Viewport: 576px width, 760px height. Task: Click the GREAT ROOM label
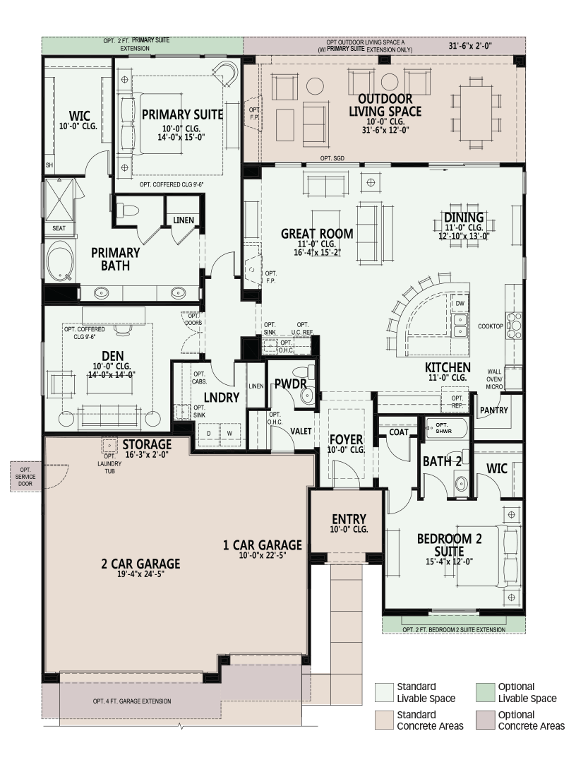(x=317, y=234)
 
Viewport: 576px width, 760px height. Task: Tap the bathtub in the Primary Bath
(x=60, y=261)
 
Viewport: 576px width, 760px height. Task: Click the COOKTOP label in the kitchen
(x=491, y=326)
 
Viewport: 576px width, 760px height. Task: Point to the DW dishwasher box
(x=460, y=304)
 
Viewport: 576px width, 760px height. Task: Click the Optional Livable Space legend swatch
(x=485, y=693)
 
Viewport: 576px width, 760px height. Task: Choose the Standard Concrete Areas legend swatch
(x=384, y=720)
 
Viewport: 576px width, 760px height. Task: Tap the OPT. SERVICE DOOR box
(x=25, y=477)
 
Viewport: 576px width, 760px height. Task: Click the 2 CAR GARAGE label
(x=140, y=564)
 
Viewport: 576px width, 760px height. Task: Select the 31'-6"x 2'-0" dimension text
(x=470, y=46)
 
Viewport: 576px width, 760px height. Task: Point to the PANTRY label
(x=493, y=410)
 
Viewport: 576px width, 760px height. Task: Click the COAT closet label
(x=399, y=432)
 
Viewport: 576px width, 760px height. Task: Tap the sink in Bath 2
(x=461, y=483)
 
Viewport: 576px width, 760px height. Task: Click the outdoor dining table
(x=476, y=113)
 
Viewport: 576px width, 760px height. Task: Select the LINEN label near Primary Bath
(x=184, y=220)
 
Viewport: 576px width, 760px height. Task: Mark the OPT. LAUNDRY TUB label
(x=110, y=463)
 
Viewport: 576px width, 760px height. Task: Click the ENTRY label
(x=349, y=519)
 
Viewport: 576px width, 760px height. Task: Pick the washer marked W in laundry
(x=229, y=433)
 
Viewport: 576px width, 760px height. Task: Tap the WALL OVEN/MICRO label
(x=495, y=379)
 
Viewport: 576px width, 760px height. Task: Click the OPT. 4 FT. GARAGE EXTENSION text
(x=132, y=701)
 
